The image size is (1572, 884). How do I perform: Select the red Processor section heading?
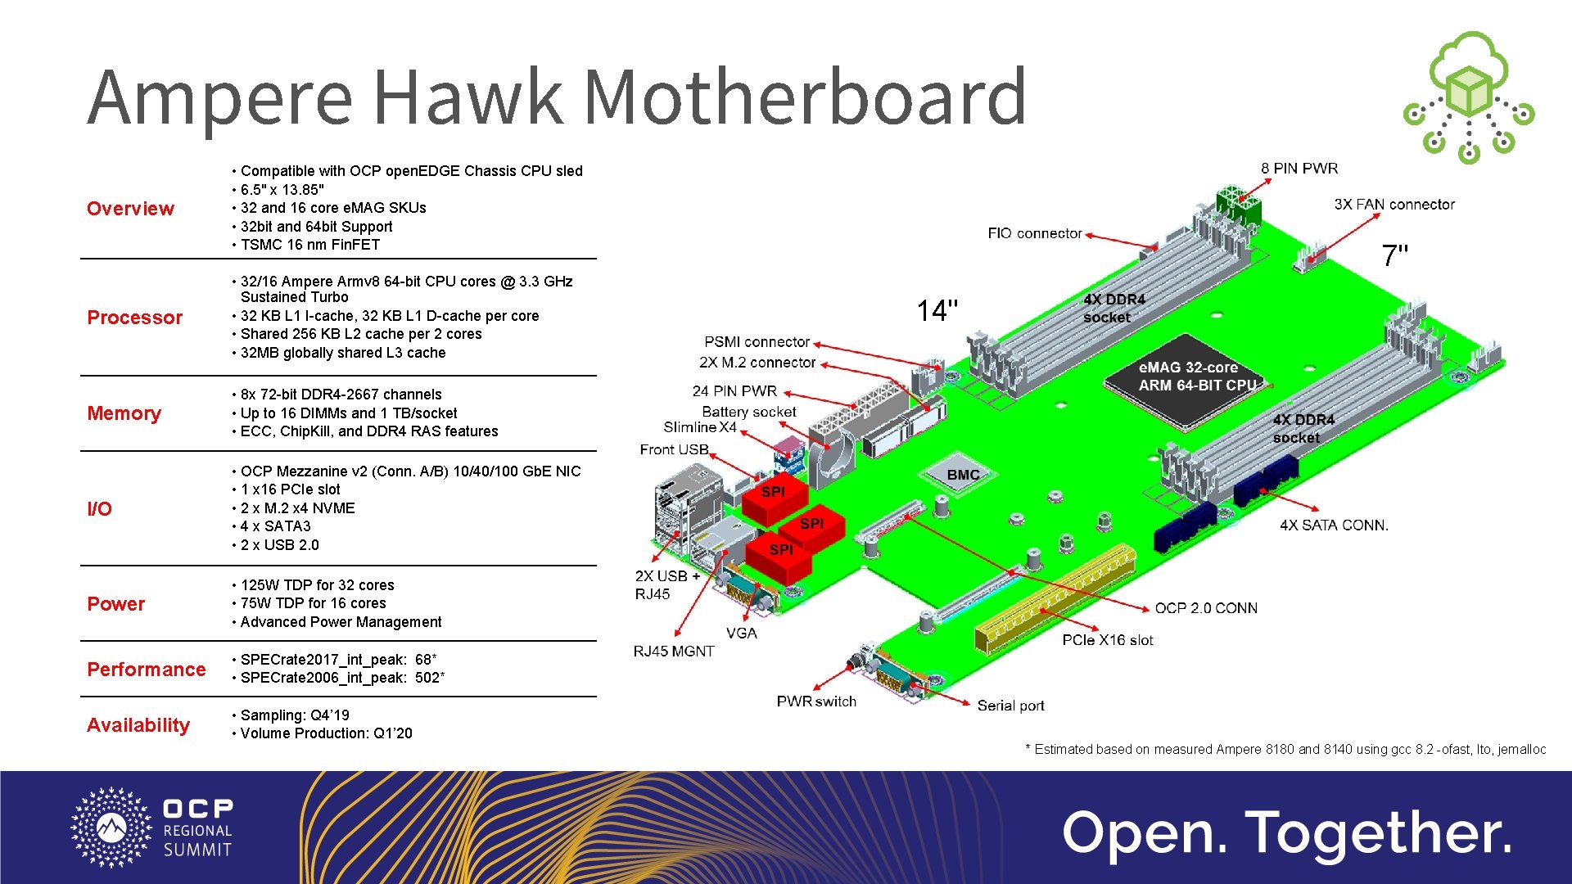pos(135,318)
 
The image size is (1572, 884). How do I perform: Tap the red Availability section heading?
pos(138,725)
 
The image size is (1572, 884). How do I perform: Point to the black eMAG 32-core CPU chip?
pos(1184,377)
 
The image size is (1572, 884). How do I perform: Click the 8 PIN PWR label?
pos(1299,169)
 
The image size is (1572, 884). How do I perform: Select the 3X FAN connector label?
pos(1394,205)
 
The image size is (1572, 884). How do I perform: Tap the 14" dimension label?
pos(937,311)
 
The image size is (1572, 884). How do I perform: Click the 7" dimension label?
pos(1395,256)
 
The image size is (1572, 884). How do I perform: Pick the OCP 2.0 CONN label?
pos(1206,608)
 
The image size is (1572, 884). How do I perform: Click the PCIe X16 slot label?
pos(1108,640)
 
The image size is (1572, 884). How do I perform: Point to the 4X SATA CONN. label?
pos(1334,525)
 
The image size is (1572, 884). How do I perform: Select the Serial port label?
pos(1010,706)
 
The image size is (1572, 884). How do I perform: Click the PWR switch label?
pos(816,701)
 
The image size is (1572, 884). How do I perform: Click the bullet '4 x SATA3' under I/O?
pos(276,526)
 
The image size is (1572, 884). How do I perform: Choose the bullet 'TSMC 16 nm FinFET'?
pos(310,245)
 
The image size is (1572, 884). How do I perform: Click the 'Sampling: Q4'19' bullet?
pos(295,715)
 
